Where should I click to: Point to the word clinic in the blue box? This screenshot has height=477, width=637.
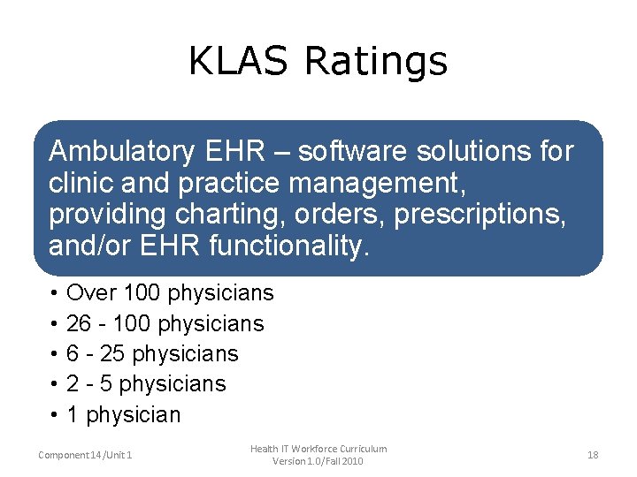coord(77,184)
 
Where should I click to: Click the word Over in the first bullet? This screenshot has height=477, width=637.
coord(91,293)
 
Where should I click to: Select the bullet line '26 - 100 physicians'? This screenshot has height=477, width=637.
coord(165,324)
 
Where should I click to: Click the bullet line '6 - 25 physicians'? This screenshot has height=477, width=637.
coord(152,354)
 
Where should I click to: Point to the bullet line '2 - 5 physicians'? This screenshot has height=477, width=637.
coord(146,384)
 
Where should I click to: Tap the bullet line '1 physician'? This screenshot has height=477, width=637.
coord(123,415)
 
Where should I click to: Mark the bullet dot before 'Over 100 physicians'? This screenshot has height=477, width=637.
coord(55,293)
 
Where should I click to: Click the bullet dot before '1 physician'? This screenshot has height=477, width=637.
coord(55,415)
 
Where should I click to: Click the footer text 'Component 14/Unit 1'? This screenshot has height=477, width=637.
coord(86,455)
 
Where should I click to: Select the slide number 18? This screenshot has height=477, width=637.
coord(593,455)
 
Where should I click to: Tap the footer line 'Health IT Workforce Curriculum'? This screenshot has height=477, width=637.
coord(318,449)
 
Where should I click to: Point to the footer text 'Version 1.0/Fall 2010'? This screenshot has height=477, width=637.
coord(318,461)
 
